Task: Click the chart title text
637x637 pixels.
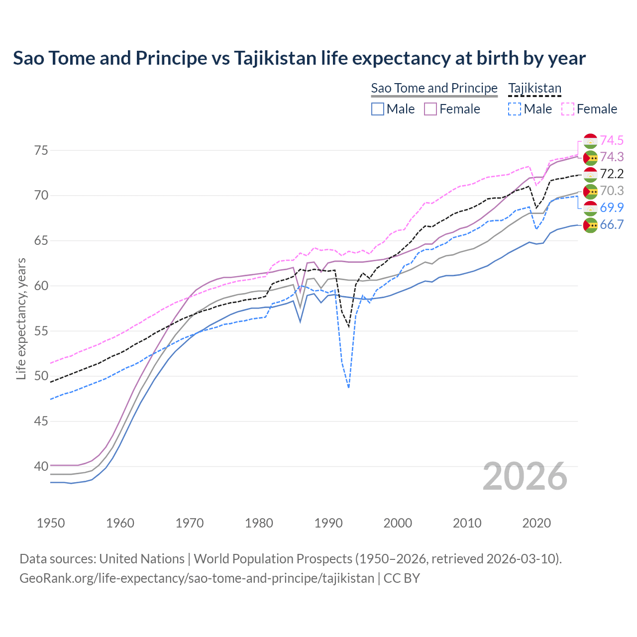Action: point(299,58)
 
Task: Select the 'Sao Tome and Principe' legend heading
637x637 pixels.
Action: point(434,88)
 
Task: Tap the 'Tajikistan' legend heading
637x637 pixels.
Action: point(534,88)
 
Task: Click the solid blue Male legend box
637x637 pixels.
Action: point(378,109)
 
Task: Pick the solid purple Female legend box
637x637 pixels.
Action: point(430,109)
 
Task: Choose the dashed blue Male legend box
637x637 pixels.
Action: point(515,109)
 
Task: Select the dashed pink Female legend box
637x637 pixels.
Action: point(568,109)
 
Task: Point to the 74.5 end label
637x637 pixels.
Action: point(612,140)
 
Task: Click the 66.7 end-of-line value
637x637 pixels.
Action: point(612,224)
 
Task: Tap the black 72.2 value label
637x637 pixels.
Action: point(612,174)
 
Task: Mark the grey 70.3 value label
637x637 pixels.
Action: point(612,191)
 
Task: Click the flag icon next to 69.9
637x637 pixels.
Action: point(590,208)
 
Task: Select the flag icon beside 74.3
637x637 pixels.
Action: point(590,157)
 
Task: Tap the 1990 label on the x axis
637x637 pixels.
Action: point(328,523)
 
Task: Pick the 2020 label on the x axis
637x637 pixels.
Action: point(536,523)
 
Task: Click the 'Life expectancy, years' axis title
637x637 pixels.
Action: point(21,318)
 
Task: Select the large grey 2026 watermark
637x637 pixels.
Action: point(525,476)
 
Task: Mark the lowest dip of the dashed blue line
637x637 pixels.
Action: point(348,387)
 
